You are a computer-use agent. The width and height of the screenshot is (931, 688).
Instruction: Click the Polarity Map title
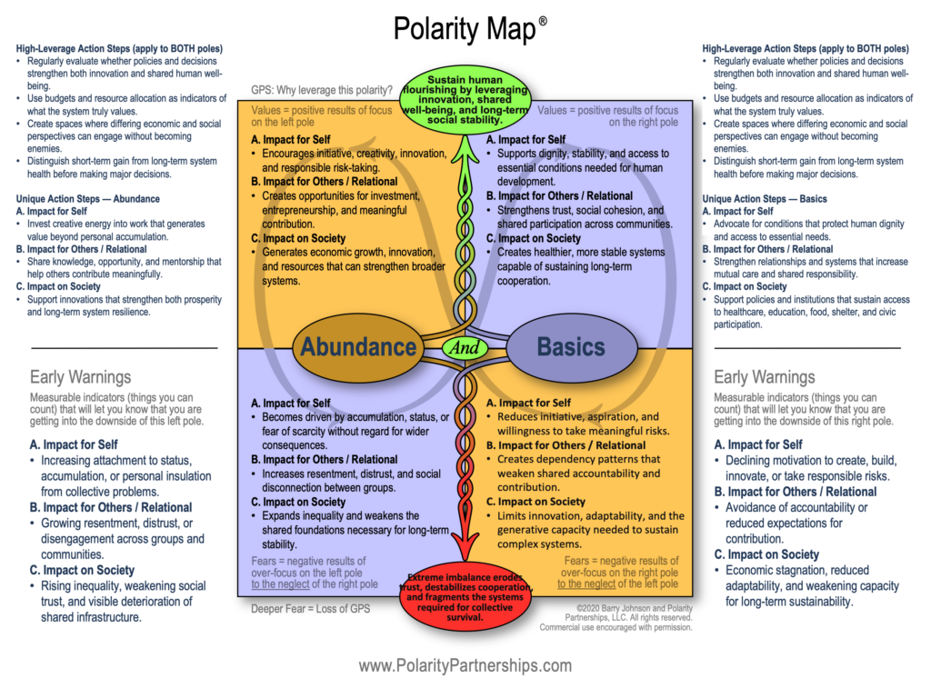[x=463, y=29]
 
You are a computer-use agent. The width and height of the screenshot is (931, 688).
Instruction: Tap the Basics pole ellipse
[x=570, y=346]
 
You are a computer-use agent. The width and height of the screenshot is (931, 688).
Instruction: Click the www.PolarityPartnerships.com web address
[x=465, y=665]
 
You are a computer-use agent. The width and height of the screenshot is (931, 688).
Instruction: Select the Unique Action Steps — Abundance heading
[x=87, y=199]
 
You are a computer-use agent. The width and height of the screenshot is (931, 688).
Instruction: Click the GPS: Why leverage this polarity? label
[x=322, y=90]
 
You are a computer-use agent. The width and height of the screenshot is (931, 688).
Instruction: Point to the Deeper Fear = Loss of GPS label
[x=310, y=609]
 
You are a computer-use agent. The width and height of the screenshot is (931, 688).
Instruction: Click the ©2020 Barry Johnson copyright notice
[x=635, y=618]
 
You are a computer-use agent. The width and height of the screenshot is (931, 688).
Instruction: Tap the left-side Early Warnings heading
[x=80, y=376]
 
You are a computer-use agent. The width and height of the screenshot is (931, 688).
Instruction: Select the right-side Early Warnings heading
[x=764, y=376]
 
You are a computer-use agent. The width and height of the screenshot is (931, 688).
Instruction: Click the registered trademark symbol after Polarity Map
[x=543, y=19]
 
